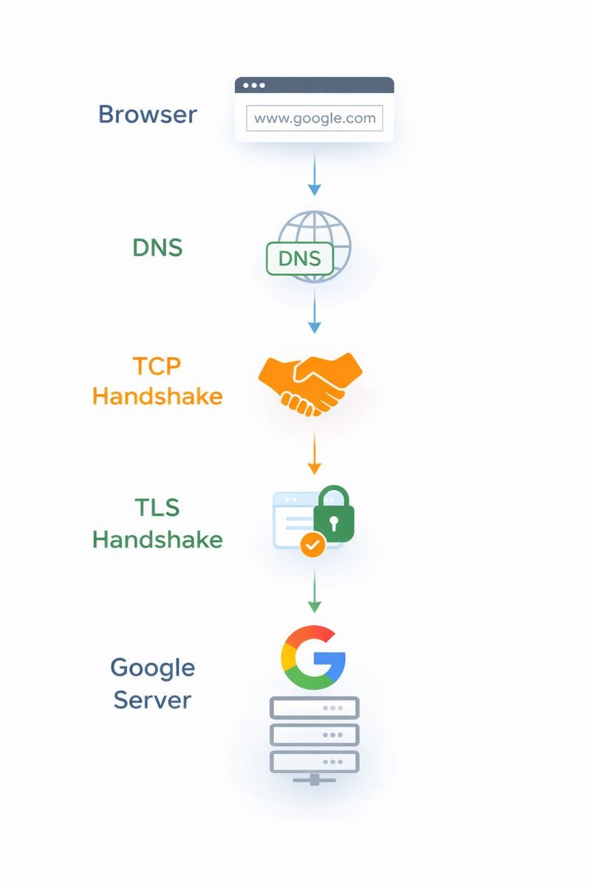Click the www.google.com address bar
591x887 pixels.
314,118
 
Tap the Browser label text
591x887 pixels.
148,115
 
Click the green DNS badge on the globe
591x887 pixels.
300,259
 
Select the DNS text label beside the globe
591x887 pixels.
157,248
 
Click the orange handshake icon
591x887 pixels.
310,384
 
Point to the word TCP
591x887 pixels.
157,366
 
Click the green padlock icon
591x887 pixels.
334,514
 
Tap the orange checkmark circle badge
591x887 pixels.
312,545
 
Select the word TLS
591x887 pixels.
157,507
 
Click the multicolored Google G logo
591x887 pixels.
313,657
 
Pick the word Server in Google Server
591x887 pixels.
152,700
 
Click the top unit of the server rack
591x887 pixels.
314,707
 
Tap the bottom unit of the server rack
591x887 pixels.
314,761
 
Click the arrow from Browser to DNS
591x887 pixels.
314,174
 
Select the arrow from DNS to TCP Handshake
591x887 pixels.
314,311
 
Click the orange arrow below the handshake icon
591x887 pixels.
314,452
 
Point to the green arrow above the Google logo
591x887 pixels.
314,591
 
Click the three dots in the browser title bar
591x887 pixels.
253,85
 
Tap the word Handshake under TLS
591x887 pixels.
157,540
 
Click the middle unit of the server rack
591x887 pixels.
314,735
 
